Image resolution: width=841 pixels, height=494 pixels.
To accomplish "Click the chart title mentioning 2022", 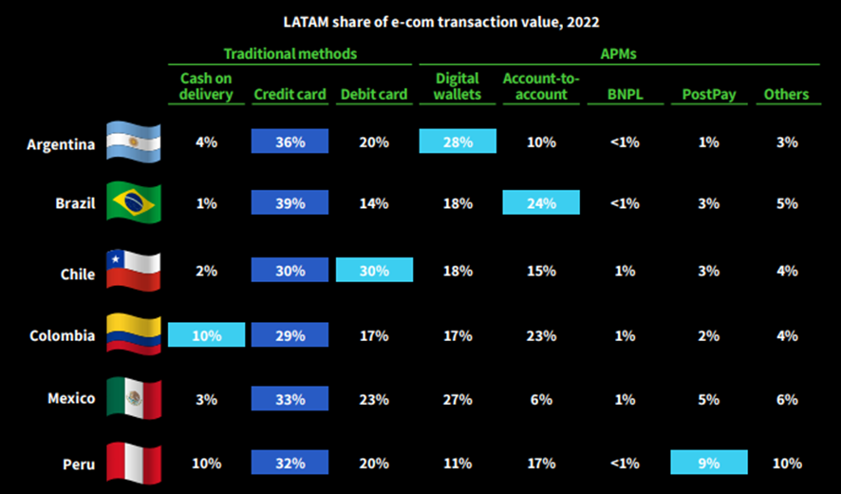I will tap(441, 20).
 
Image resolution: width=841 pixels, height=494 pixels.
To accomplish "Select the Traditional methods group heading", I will tap(290, 54).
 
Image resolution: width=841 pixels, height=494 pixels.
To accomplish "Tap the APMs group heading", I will tap(619, 54).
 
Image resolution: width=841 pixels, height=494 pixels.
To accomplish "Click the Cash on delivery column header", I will tap(206, 85).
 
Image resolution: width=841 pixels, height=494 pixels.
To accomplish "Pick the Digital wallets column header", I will tap(458, 85).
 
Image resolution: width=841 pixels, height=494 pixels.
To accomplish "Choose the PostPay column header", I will tap(708, 94).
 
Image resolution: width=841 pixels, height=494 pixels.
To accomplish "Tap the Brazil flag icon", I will tap(134, 202).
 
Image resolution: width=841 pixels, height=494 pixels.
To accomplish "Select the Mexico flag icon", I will tap(134, 398).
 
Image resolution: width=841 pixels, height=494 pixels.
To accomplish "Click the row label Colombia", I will tap(62, 335).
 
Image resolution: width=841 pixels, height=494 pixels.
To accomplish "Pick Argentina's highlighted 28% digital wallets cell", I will tap(458, 142).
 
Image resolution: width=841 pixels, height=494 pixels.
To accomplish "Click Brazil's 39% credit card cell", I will tap(290, 202).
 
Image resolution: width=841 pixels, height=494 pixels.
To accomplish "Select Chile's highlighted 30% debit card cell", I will tap(374, 270).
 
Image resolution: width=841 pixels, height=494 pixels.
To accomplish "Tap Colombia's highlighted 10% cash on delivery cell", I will tap(206, 335).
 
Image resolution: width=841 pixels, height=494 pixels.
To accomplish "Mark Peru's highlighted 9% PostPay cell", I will tap(708, 464).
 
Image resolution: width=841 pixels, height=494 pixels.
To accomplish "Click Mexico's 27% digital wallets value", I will tap(458, 400).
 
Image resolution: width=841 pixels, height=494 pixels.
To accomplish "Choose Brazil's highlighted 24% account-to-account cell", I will tap(541, 202).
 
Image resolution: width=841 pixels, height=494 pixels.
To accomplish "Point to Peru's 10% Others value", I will tap(787, 464).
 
